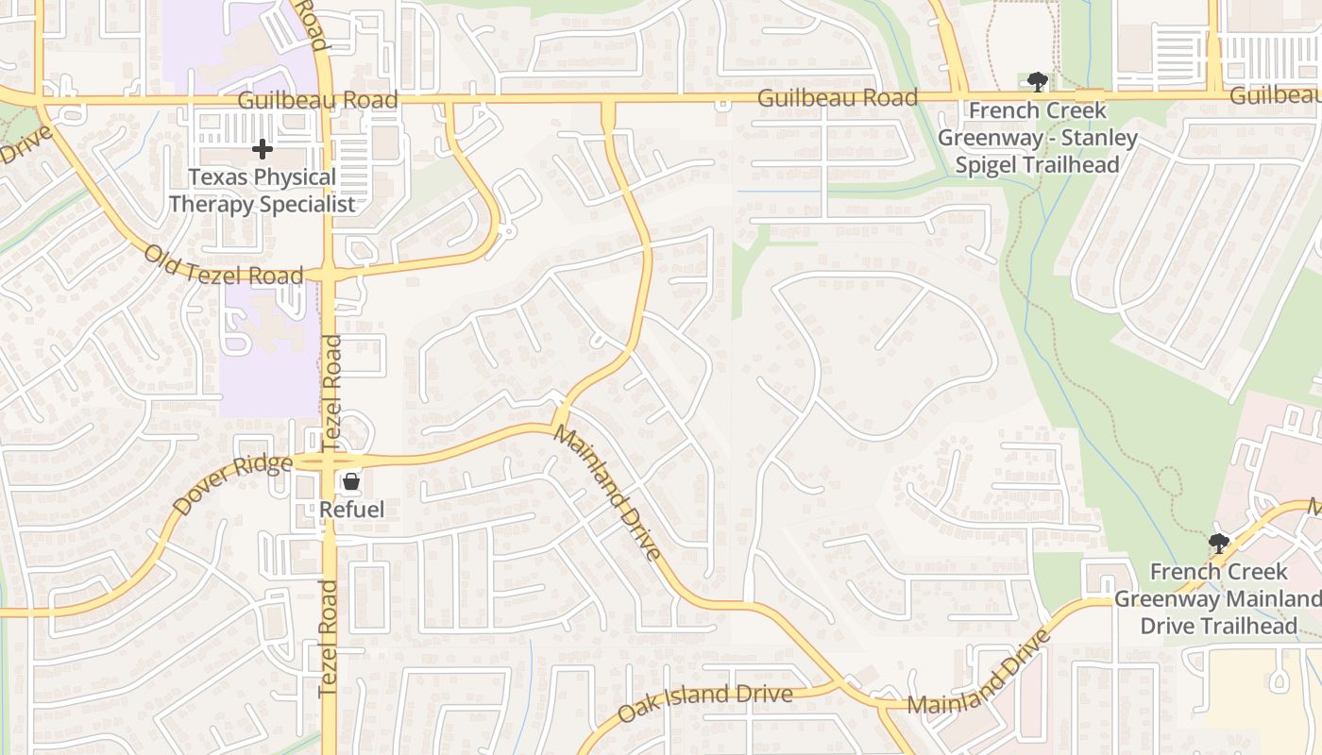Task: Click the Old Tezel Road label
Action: click(224, 265)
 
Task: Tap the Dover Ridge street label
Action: click(232, 484)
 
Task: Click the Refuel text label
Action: click(351, 510)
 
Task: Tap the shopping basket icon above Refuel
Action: click(351, 482)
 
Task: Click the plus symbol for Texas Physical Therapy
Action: click(262, 149)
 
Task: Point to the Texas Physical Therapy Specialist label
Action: click(262, 191)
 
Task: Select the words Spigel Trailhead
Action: click(1037, 164)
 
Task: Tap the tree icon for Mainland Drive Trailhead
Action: click(1218, 544)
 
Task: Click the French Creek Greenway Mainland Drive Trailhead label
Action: click(1218, 598)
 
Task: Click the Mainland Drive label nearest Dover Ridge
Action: click(607, 492)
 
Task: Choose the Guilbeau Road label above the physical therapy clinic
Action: click(317, 100)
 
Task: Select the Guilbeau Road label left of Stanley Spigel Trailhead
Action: click(837, 97)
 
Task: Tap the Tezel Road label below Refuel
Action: click(329, 638)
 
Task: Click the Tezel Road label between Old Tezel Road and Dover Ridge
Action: click(331, 388)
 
